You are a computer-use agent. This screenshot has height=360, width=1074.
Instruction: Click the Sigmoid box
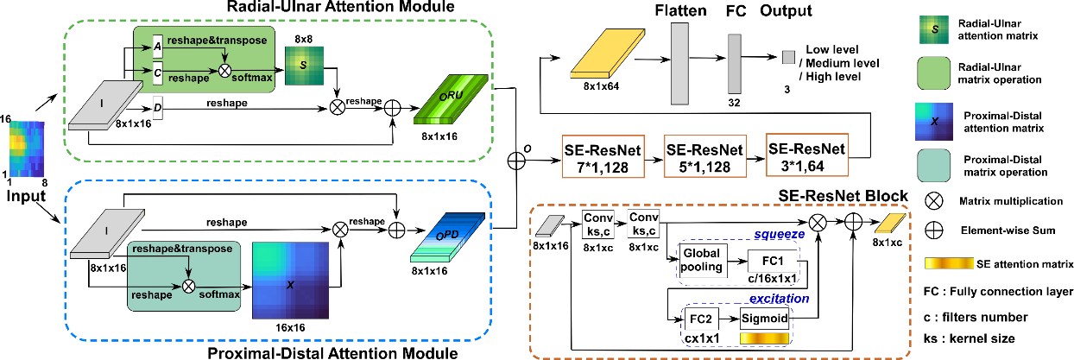coord(764,318)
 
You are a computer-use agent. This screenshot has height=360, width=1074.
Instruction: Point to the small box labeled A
coord(156,50)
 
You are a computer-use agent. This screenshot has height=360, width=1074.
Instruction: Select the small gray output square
coord(787,56)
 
